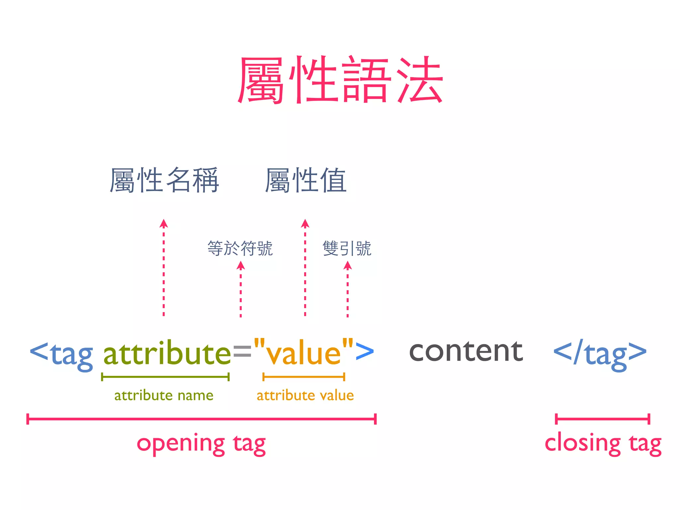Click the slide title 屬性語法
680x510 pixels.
pyautogui.click(x=340, y=80)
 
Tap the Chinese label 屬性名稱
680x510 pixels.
pyautogui.click(x=164, y=180)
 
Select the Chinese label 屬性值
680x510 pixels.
pyautogui.click(x=305, y=180)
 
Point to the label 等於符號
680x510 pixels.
pyautogui.click(x=240, y=248)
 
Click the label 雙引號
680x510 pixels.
pyautogui.click(x=347, y=248)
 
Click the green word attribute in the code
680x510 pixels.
pyautogui.click(x=167, y=353)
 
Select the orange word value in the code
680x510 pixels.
pyautogui.click(x=303, y=353)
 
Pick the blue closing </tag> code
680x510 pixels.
pyautogui.click(x=600, y=353)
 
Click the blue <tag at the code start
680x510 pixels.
pyautogui.click(x=61, y=354)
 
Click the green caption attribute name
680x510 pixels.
pyautogui.click(x=164, y=395)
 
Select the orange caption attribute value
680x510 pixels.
pyautogui.click(x=305, y=395)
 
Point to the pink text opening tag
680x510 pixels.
pyautogui.click(x=201, y=444)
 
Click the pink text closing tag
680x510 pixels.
pyautogui.click(x=603, y=444)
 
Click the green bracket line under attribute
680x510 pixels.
pyautogui.click(x=165, y=377)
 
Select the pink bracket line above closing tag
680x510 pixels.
pyautogui.click(x=602, y=419)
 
